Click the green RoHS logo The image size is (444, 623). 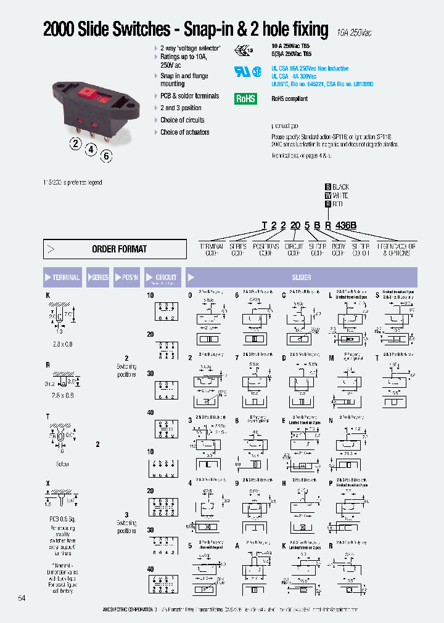click(245, 98)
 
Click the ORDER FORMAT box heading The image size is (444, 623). click(119, 249)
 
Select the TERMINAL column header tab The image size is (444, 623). click(62, 278)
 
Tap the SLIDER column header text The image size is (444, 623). click(301, 278)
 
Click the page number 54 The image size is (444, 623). click(22, 598)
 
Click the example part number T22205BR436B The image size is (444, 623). click(309, 226)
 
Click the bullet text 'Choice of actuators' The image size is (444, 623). click(184, 132)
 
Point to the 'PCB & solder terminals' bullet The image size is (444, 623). click(189, 96)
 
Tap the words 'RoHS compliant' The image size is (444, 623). click(289, 98)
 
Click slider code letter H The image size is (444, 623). click(284, 484)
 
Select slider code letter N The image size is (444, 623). click(331, 420)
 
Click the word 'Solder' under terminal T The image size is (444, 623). click(62, 464)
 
